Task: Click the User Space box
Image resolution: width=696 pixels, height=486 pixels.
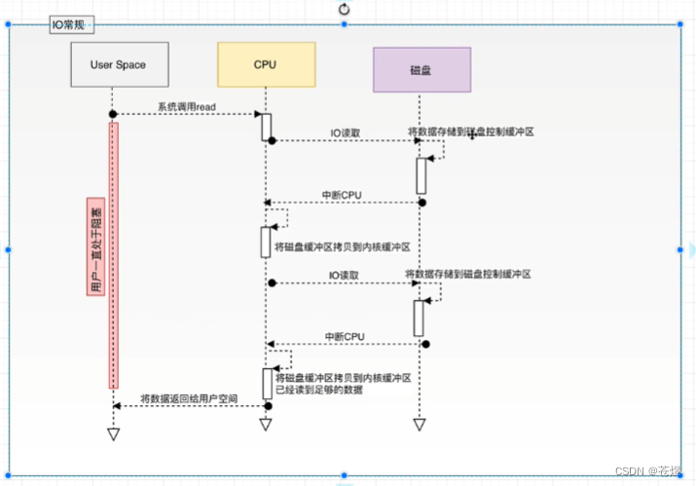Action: click(118, 64)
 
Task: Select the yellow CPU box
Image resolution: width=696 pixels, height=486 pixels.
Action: click(265, 64)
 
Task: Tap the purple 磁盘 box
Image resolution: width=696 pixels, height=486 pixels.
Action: click(421, 70)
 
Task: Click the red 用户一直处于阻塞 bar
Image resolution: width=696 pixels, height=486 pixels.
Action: click(113, 253)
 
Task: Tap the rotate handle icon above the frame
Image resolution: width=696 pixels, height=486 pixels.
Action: click(344, 9)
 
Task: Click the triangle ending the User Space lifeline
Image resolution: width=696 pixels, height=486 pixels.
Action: click(113, 433)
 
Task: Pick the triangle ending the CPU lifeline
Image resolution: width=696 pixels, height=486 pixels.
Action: click(265, 424)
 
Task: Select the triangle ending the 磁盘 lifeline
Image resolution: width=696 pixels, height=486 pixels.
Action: click(420, 424)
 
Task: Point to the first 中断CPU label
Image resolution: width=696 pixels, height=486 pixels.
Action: click(342, 195)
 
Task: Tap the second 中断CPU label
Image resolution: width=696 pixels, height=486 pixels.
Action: click(345, 336)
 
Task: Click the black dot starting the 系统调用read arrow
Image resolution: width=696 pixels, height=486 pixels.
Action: click(113, 115)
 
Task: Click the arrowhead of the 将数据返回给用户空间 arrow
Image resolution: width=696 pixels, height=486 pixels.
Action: click(117, 405)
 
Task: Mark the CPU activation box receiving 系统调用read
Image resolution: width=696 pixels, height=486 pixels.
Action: click(265, 127)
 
